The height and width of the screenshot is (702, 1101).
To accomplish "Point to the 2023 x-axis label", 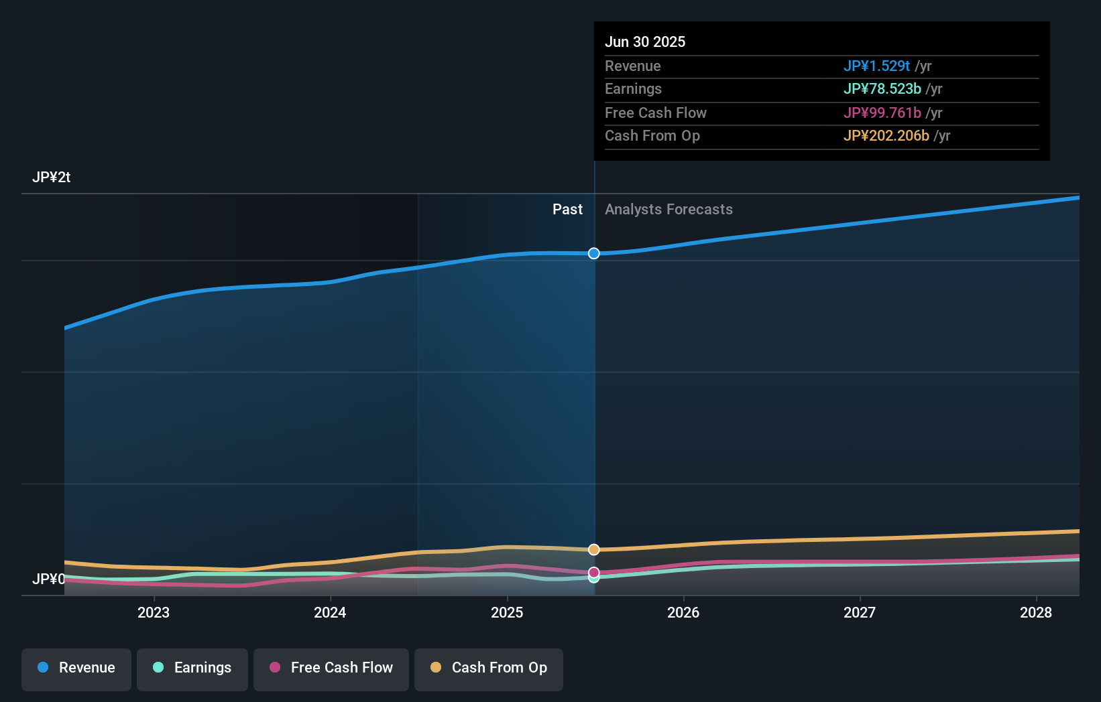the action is click(154, 613).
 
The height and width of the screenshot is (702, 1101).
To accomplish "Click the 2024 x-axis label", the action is click(331, 613).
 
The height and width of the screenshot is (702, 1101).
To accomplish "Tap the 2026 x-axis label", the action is click(683, 613).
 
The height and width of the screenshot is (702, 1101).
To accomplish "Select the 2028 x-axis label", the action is click(1036, 613).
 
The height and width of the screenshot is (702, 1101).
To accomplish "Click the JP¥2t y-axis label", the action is click(51, 178).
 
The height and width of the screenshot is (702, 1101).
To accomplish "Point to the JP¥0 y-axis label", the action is click(48, 579).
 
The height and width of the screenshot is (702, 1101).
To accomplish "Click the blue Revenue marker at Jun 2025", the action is click(594, 253).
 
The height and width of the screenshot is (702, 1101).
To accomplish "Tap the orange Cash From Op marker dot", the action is click(594, 549).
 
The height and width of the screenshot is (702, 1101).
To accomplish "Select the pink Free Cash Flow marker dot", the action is click(594, 573).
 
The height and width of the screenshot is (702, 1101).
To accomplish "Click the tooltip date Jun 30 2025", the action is click(645, 42).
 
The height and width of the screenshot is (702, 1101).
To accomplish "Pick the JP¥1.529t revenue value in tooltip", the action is click(877, 66).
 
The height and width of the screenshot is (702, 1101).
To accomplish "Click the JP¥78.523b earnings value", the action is click(882, 89).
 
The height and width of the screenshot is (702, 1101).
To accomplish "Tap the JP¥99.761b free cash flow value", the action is click(882, 113).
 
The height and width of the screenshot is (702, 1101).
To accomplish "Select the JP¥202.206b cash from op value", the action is click(886, 135).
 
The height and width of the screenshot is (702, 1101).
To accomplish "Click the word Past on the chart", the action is click(568, 210).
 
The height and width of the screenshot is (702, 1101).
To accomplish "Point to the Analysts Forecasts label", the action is click(669, 210).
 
